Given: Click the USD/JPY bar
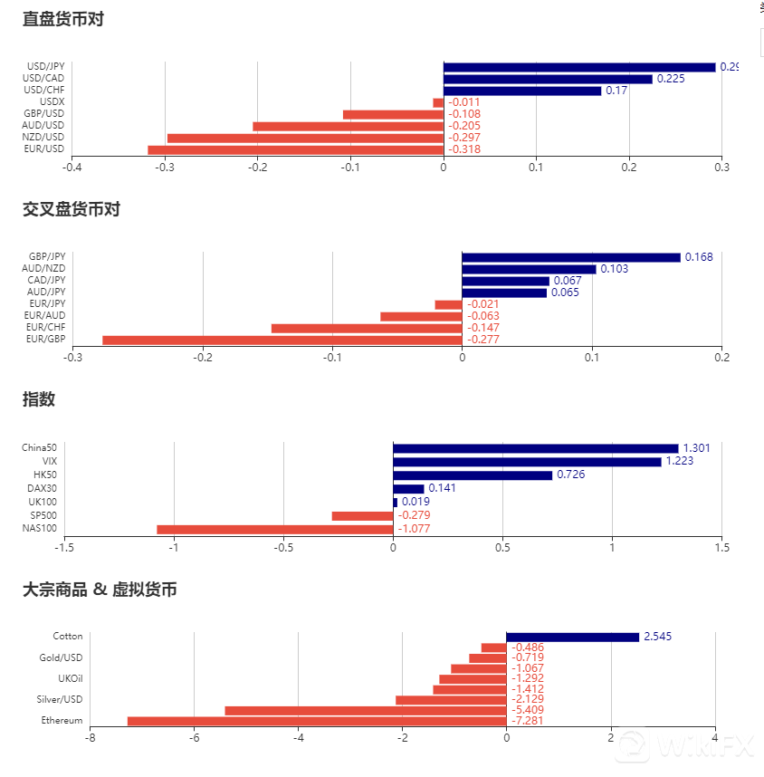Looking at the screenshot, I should pyautogui.click(x=579, y=67).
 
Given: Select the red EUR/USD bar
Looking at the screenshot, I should pyautogui.click(x=295, y=149).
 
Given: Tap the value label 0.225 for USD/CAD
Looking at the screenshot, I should pyautogui.click(x=671, y=79).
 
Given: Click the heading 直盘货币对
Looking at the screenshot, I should pyautogui.click(x=63, y=18).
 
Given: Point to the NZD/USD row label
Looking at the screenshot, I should pyautogui.click(x=45, y=138).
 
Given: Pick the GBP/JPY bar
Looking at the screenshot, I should pyautogui.click(x=570, y=257).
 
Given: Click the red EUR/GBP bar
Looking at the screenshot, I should pyautogui.click(x=282, y=340).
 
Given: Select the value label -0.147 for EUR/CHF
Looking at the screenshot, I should pyautogui.click(x=483, y=328).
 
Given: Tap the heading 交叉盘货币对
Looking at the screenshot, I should pyautogui.click(x=72, y=209).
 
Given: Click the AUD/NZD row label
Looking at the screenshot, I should pyautogui.click(x=46, y=269).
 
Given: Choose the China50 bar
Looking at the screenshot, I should pyautogui.click(x=535, y=448).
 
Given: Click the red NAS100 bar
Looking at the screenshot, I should pyautogui.click(x=274, y=529).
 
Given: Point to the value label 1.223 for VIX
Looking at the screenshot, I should pyautogui.click(x=680, y=462).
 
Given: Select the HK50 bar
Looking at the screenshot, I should pyautogui.click(x=473, y=475).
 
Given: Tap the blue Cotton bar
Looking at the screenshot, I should pyautogui.click(x=572, y=637).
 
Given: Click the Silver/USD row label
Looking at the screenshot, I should pyautogui.click(x=61, y=699).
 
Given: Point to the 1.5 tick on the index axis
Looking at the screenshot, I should pyautogui.click(x=722, y=547).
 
